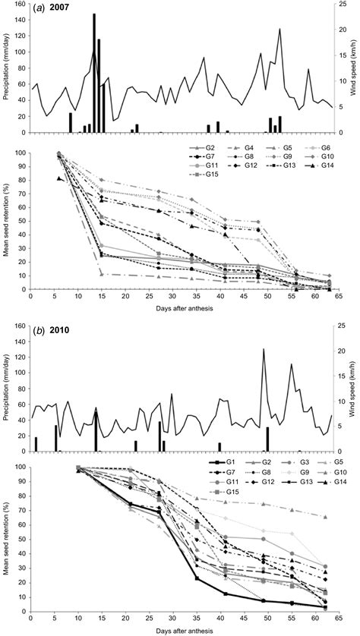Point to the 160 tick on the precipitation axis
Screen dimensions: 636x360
click(x=20, y=4)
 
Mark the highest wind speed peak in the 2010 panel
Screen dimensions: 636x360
click(x=263, y=349)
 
